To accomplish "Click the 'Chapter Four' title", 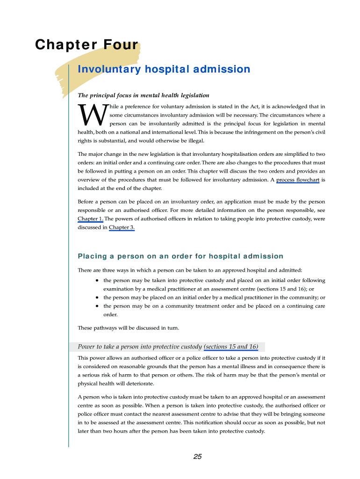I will pos(87,45).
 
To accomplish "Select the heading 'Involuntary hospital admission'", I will pos(164,70).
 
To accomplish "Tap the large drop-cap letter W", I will pos(93,116).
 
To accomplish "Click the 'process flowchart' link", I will pos(298,180).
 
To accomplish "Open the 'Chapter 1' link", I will pos(90,218).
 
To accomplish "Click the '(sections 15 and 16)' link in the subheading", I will pos(231,347).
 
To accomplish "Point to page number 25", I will pos(197,457).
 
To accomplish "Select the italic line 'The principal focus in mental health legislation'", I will pos(144,95).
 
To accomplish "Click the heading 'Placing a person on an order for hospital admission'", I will pos(180,256).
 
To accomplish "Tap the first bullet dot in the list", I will pos(97,281).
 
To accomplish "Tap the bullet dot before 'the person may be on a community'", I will pos(97,306).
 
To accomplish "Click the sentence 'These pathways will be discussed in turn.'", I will pos(128,327).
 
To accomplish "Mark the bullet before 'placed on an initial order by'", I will pos(97,298).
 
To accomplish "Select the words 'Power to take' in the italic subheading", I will pos(96,347).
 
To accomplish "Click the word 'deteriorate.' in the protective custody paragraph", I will pos(138,384).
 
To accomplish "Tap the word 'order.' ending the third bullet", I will pos(110,314).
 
